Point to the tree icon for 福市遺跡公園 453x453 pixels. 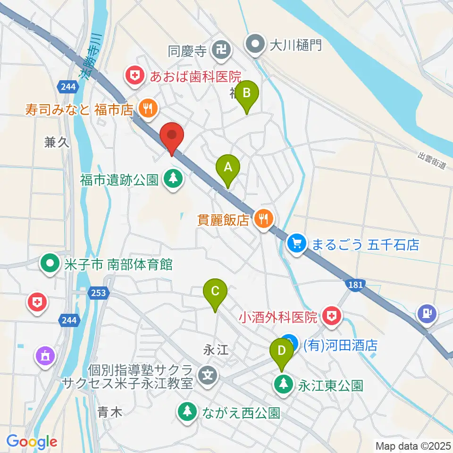click(x=173, y=179)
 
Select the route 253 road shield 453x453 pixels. click(x=98, y=293)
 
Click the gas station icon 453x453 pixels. click(x=428, y=313)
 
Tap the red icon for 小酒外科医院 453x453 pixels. click(x=333, y=316)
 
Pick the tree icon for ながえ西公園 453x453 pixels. click(x=188, y=412)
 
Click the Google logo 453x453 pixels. click(x=32, y=442)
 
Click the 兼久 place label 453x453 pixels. click(x=57, y=143)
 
